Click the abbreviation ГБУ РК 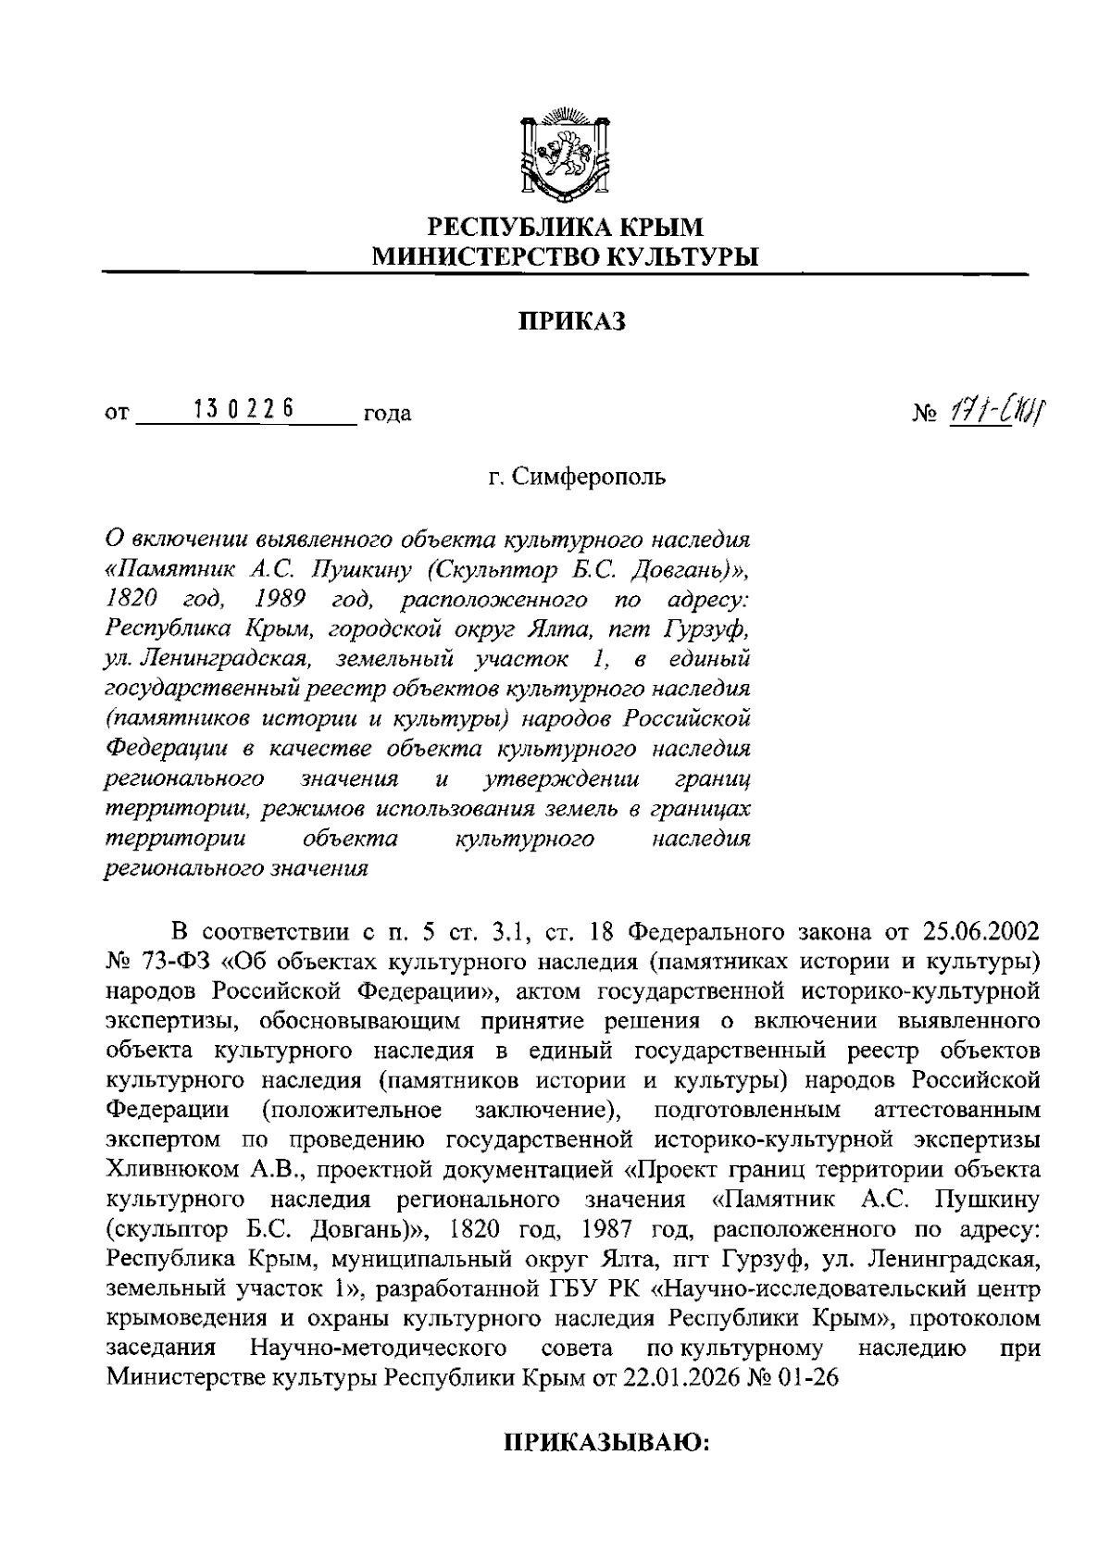568,1289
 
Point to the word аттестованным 956,1109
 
